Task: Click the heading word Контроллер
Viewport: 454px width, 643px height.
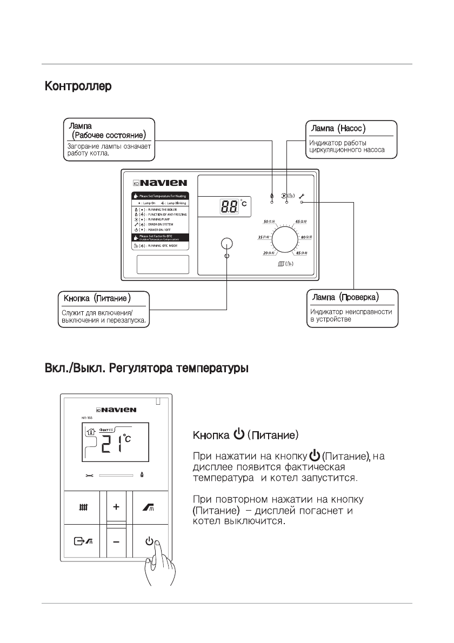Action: (78, 86)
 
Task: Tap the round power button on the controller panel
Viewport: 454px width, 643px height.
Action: (226, 244)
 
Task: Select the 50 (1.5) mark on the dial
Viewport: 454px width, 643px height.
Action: (269, 222)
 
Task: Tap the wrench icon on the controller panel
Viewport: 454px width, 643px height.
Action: (302, 195)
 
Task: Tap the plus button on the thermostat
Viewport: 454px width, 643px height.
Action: (116, 508)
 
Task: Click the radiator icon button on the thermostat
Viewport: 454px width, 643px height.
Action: (83, 508)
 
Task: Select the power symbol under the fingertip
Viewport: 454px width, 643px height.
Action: (149, 541)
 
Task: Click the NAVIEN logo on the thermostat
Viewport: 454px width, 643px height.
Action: (116, 410)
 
